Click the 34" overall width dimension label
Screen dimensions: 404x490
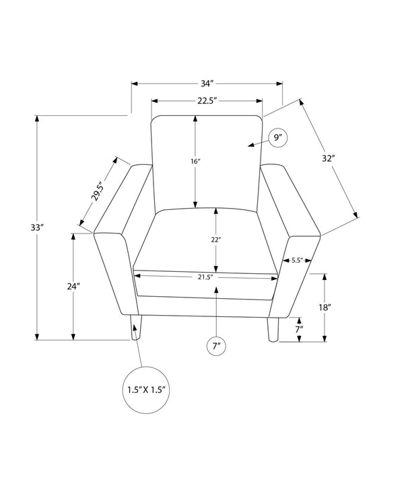pyautogui.click(x=207, y=83)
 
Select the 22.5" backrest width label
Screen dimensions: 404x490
pyautogui.click(x=207, y=101)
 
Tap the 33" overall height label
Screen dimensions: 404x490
pyautogui.click(x=36, y=228)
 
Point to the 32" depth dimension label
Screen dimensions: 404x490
pyautogui.click(x=329, y=158)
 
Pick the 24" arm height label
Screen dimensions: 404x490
pyautogui.click(x=74, y=286)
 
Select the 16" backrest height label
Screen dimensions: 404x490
pyautogui.click(x=195, y=162)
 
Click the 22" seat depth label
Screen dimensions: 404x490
pyautogui.click(x=215, y=240)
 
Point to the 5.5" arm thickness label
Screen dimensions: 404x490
pyautogui.click(x=297, y=260)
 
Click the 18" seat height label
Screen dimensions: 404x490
pyautogui.click(x=325, y=308)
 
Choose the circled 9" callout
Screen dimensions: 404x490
pyautogui.click(x=277, y=138)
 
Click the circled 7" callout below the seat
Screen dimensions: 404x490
pyautogui.click(x=216, y=346)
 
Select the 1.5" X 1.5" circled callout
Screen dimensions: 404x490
pyautogui.click(x=146, y=390)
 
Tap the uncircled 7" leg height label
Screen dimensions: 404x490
pyautogui.click(x=299, y=328)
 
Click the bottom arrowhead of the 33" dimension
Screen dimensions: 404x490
pyautogui.click(x=37, y=337)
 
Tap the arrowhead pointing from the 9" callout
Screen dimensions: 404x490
pyautogui.click(x=250, y=145)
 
